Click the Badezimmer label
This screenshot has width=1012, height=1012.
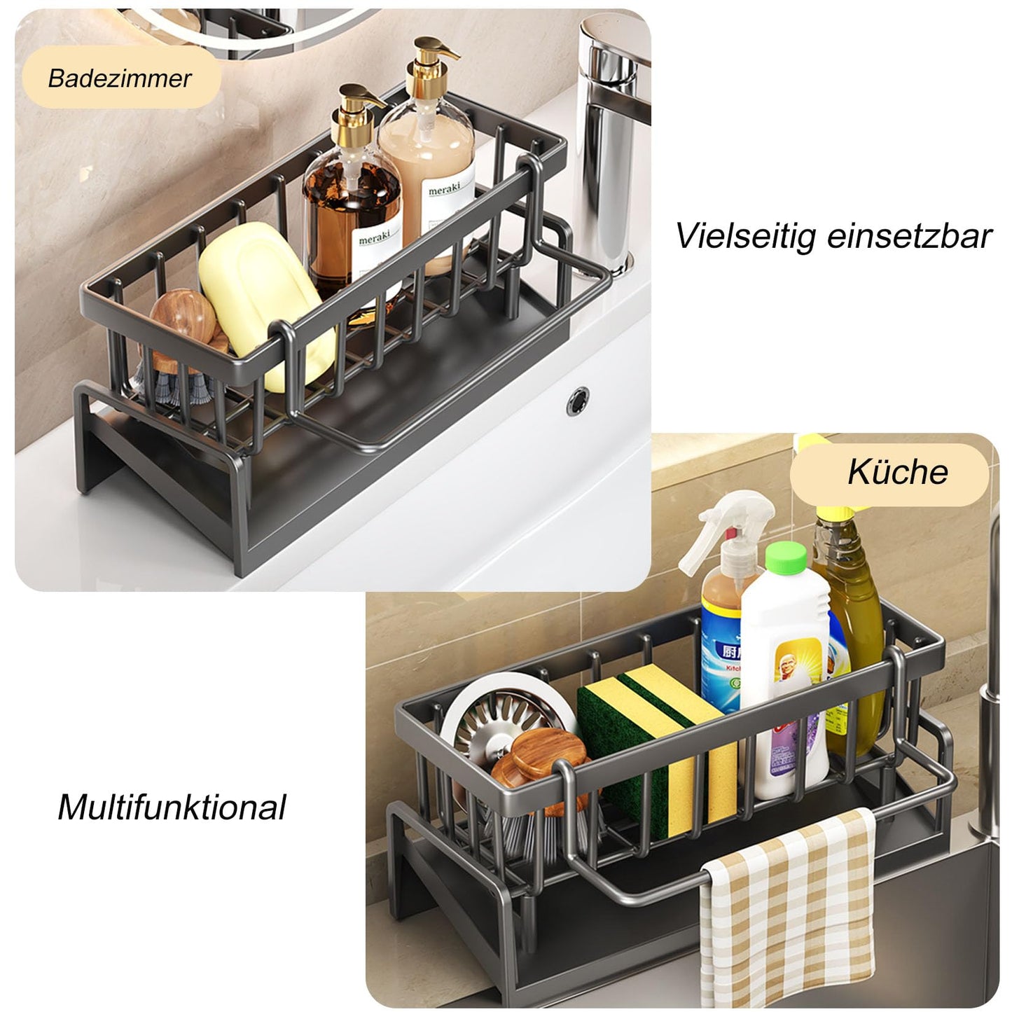119,78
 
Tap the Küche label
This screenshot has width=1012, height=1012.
897,471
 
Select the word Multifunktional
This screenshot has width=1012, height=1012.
172,807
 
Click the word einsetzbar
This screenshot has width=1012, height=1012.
909,236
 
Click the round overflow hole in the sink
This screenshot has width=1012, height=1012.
578,401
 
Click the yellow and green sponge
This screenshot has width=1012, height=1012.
658,742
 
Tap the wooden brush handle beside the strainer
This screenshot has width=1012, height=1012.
539,763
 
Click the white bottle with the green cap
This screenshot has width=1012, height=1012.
788,686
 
